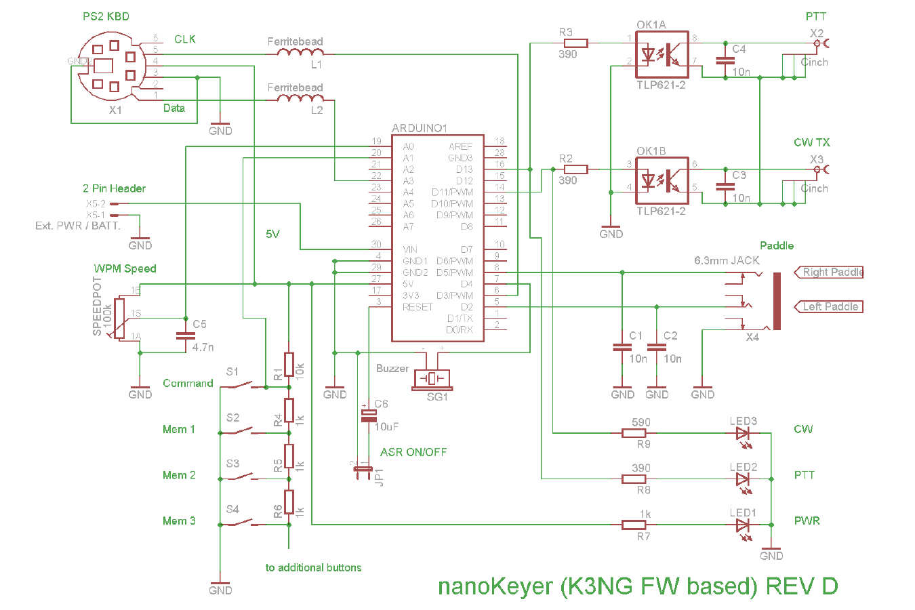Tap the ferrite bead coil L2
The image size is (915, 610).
pyautogui.click(x=296, y=99)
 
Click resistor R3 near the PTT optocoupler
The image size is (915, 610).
pyautogui.click(x=576, y=43)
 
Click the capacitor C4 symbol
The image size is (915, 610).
pyautogui.click(x=725, y=60)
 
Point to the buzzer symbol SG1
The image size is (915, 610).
pyautogui.click(x=432, y=378)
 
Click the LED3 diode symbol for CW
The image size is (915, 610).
pyautogui.click(x=743, y=433)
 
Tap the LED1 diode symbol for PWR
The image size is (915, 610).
pyautogui.click(x=743, y=525)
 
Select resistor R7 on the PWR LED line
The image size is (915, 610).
pyautogui.click(x=634, y=525)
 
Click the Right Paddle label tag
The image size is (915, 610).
pyautogui.click(x=830, y=272)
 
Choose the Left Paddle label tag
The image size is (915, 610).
pyautogui.click(x=828, y=307)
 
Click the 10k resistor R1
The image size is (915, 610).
pyautogui.click(x=289, y=364)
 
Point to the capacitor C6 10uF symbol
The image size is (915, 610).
pyautogui.click(x=368, y=415)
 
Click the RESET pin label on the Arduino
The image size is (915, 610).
pyautogui.click(x=418, y=307)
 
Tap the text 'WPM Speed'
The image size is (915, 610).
pyautogui.click(x=125, y=268)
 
